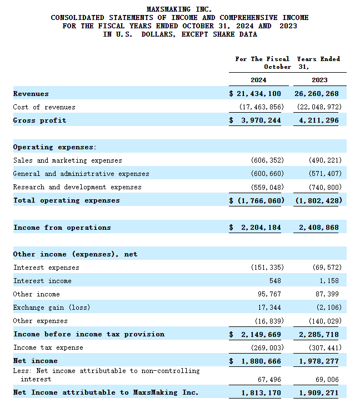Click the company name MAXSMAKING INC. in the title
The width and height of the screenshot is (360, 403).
tap(179, 9)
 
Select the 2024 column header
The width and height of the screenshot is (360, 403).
tap(258, 80)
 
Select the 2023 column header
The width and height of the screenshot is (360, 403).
tap(319, 80)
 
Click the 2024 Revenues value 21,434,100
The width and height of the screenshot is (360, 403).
tap(258, 94)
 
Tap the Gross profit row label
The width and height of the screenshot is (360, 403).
tap(39, 120)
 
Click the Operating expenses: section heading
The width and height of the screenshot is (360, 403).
tap(54, 147)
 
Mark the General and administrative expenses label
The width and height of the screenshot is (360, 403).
tap(81, 174)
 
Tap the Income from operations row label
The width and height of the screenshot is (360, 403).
tap(62, 228)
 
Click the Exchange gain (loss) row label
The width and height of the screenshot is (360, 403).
tap(51, 308)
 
